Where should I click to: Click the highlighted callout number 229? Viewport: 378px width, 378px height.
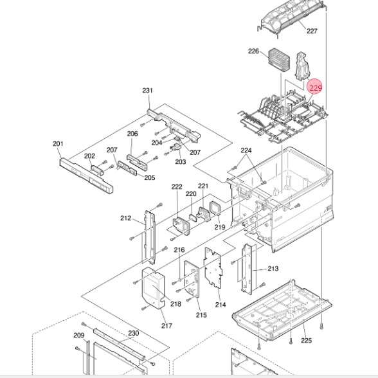tap(315, 87)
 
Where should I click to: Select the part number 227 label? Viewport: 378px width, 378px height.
tap(312, 31)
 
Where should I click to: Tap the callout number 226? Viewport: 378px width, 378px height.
tap(253, 51)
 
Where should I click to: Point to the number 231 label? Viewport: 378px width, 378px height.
tap(147, 91)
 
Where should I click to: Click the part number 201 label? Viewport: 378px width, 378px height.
tap(58, 143)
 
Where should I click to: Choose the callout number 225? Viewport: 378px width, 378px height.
tap(306, 341)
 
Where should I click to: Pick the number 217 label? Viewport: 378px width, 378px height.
tap(166, 326)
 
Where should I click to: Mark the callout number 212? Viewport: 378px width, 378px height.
tap(125, 218)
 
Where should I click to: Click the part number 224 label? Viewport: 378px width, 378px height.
tap(246, 150)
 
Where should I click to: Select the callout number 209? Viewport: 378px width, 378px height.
tap(78, 336)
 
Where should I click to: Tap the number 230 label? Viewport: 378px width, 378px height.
tap(133, 333)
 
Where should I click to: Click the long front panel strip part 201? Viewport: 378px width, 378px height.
tap(86, 175)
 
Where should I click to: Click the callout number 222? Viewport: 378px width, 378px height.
tap(177, 186)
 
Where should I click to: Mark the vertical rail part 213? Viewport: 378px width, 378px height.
tap(249, 264)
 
